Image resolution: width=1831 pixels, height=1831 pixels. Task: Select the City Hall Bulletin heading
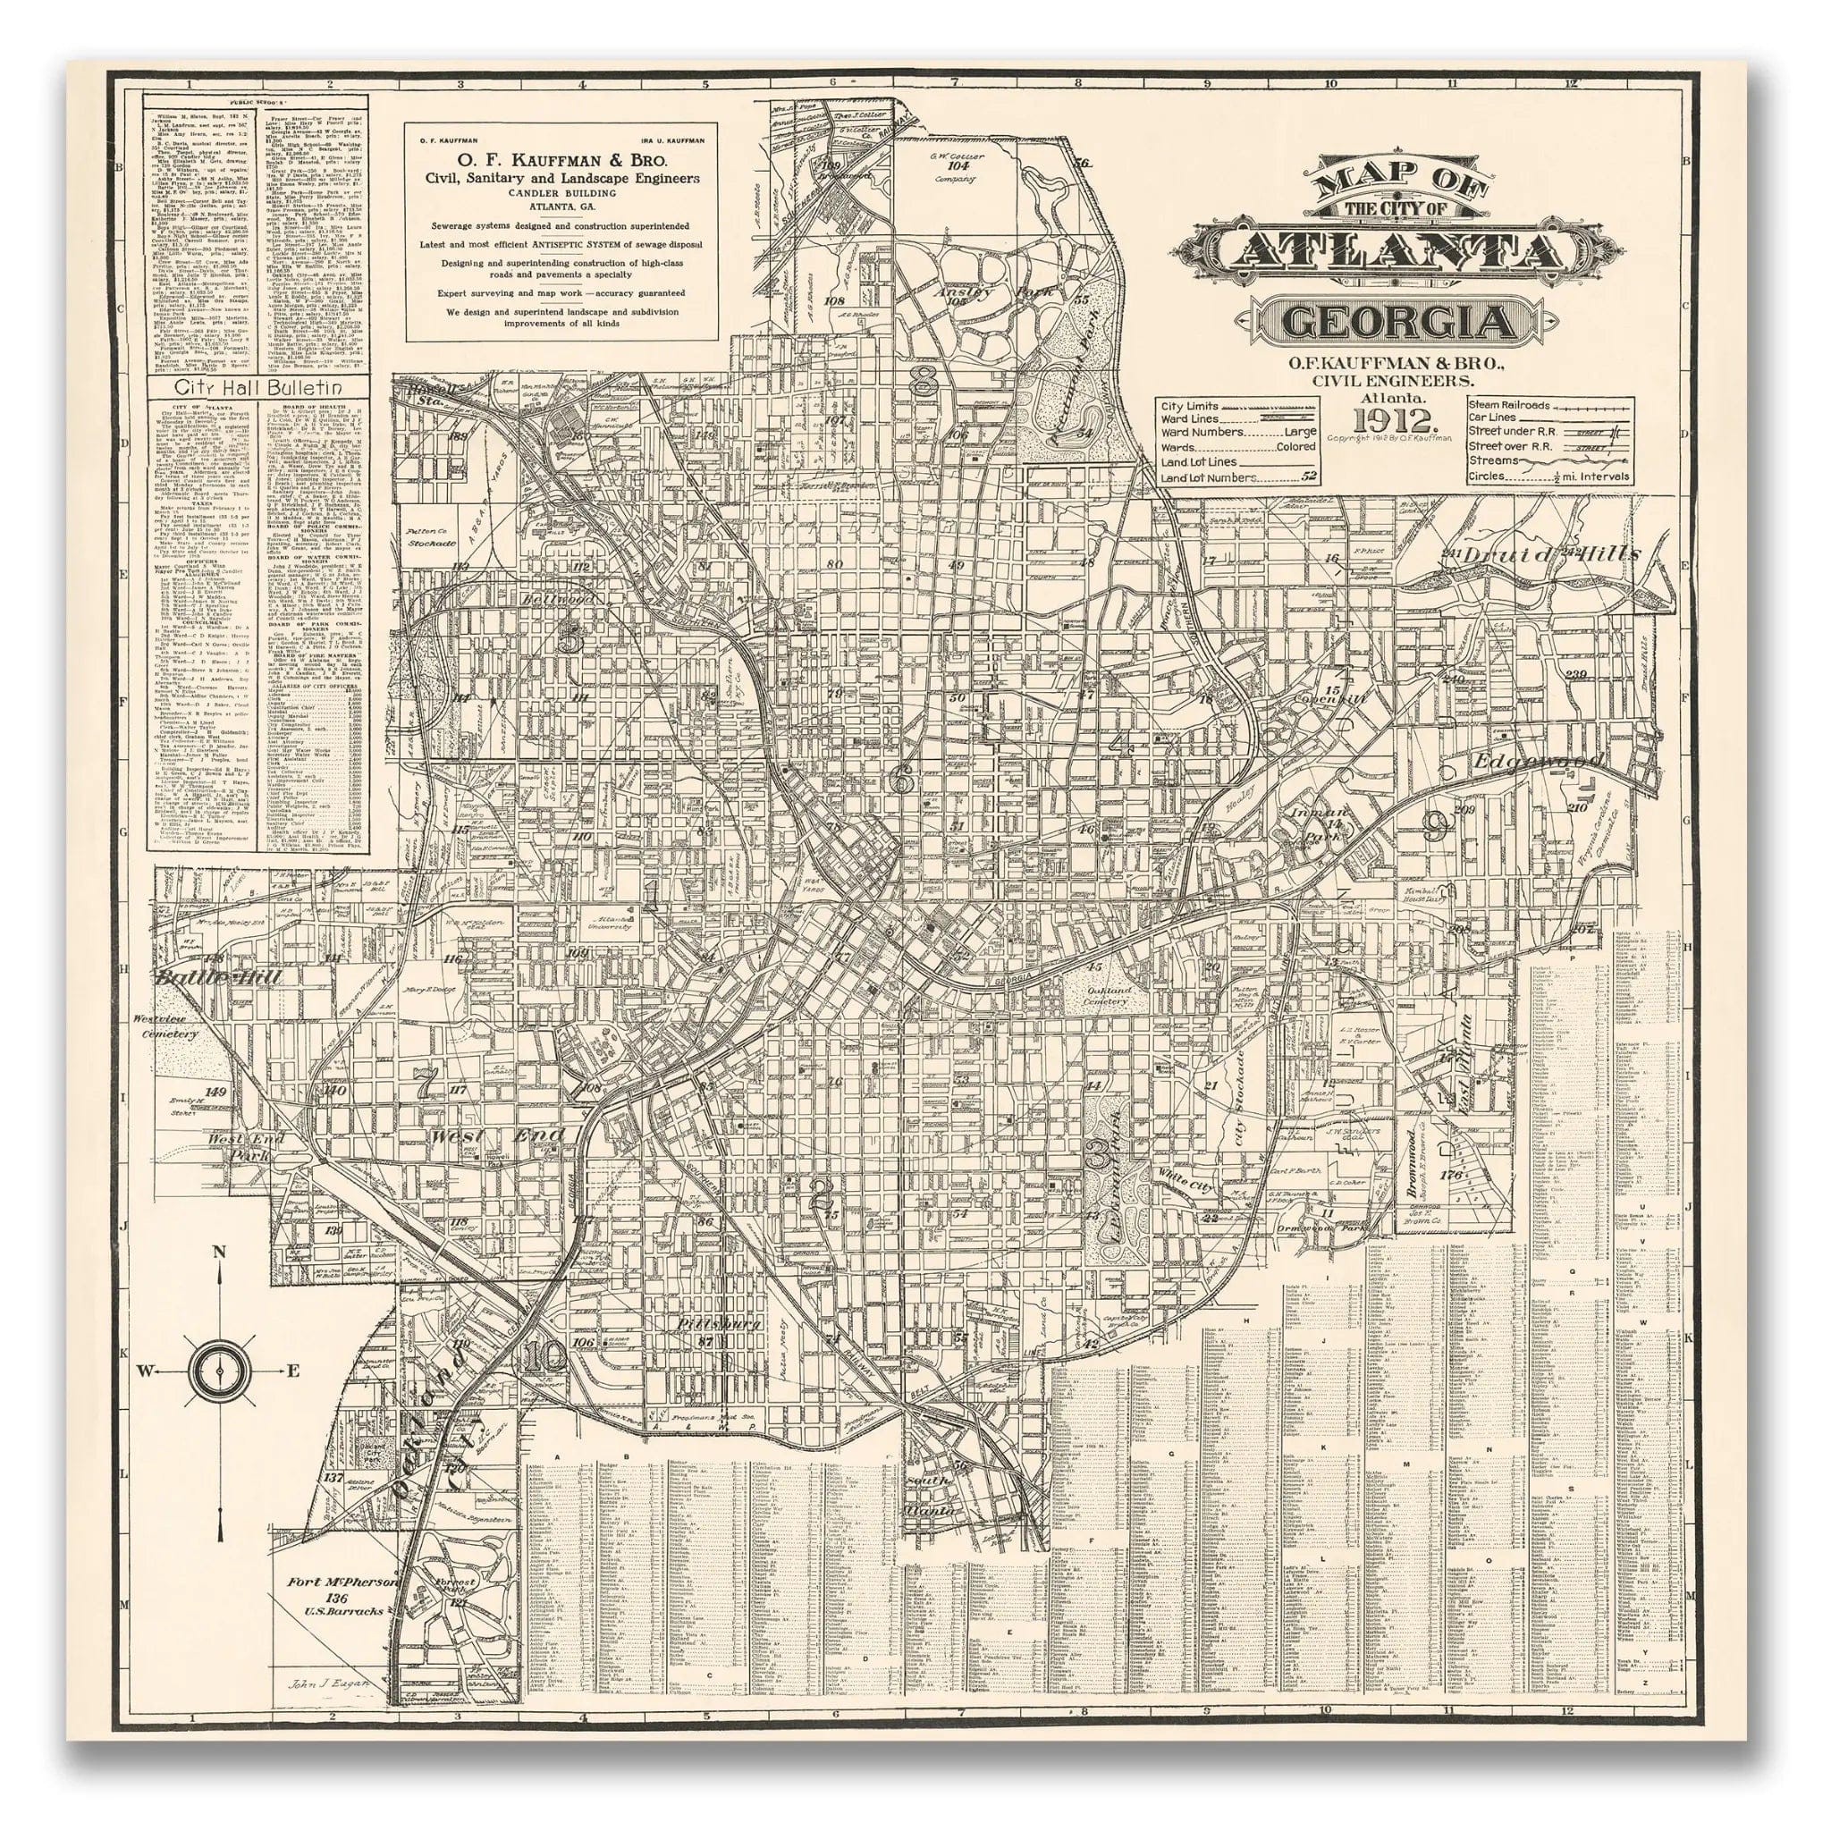(257, 389)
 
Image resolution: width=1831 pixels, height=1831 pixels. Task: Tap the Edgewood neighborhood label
(1536, 761)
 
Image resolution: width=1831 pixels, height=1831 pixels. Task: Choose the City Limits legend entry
(1188, 406)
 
